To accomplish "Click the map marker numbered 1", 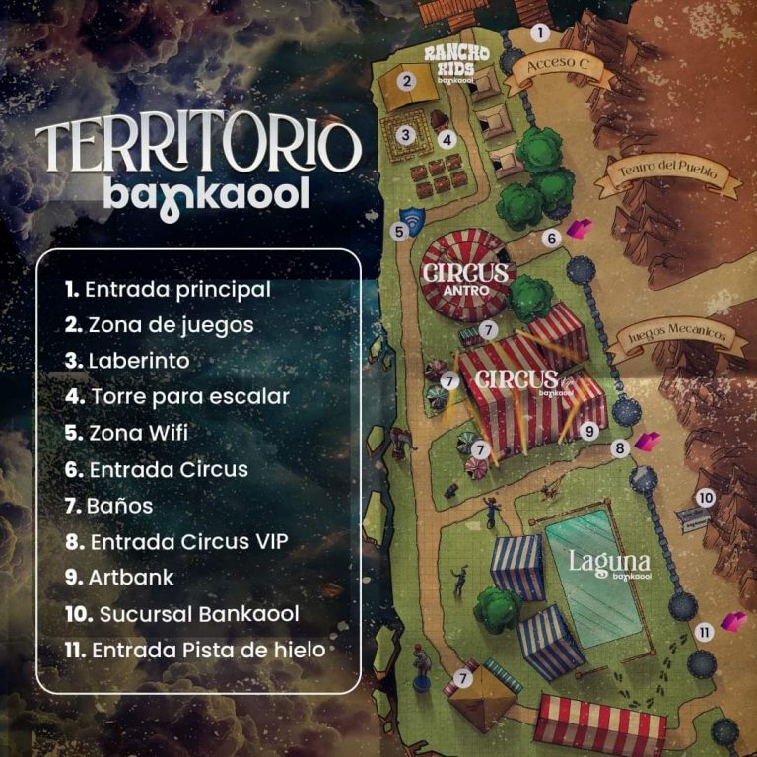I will point(540,33).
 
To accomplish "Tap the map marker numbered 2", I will point(405,81).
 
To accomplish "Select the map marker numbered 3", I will point(404,134).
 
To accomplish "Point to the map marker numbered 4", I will point(446,140).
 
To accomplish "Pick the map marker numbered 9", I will point(589,431).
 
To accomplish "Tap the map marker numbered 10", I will point(705,498).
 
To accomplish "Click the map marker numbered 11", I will point(705,632).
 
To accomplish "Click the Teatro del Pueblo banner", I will point(667,173).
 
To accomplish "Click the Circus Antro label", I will point(465,277).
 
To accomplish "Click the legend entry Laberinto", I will point(127,361).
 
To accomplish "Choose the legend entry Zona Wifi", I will point(125,433).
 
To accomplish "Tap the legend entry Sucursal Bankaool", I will point(182,614).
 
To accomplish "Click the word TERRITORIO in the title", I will point(197,145).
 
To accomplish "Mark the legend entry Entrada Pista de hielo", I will point(195,650).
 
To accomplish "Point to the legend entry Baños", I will point(108,506).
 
